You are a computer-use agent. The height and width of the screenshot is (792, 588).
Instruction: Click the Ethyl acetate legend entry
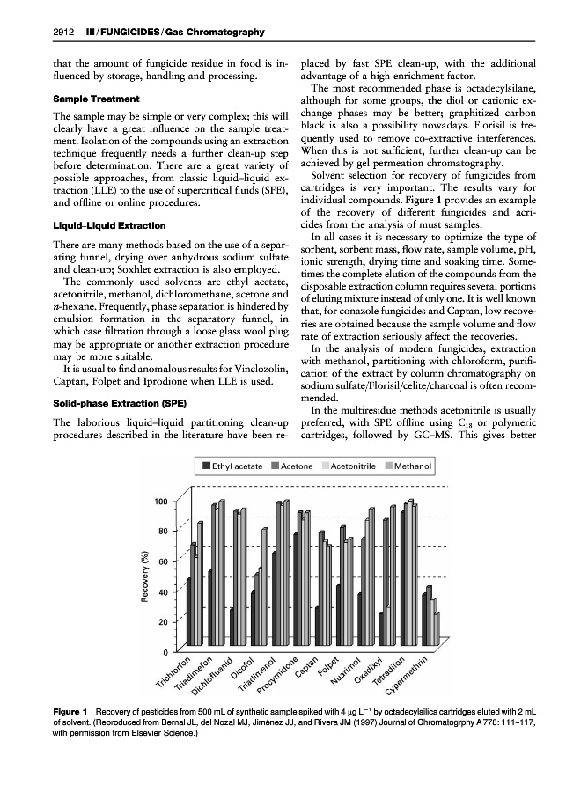click(239, 465)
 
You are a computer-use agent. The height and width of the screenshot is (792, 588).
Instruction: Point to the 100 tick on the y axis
click(161, 502)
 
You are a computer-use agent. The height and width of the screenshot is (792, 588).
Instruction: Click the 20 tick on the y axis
click(164, 622)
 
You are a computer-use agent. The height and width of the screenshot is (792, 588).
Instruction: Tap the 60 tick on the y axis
click(164, 561)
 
